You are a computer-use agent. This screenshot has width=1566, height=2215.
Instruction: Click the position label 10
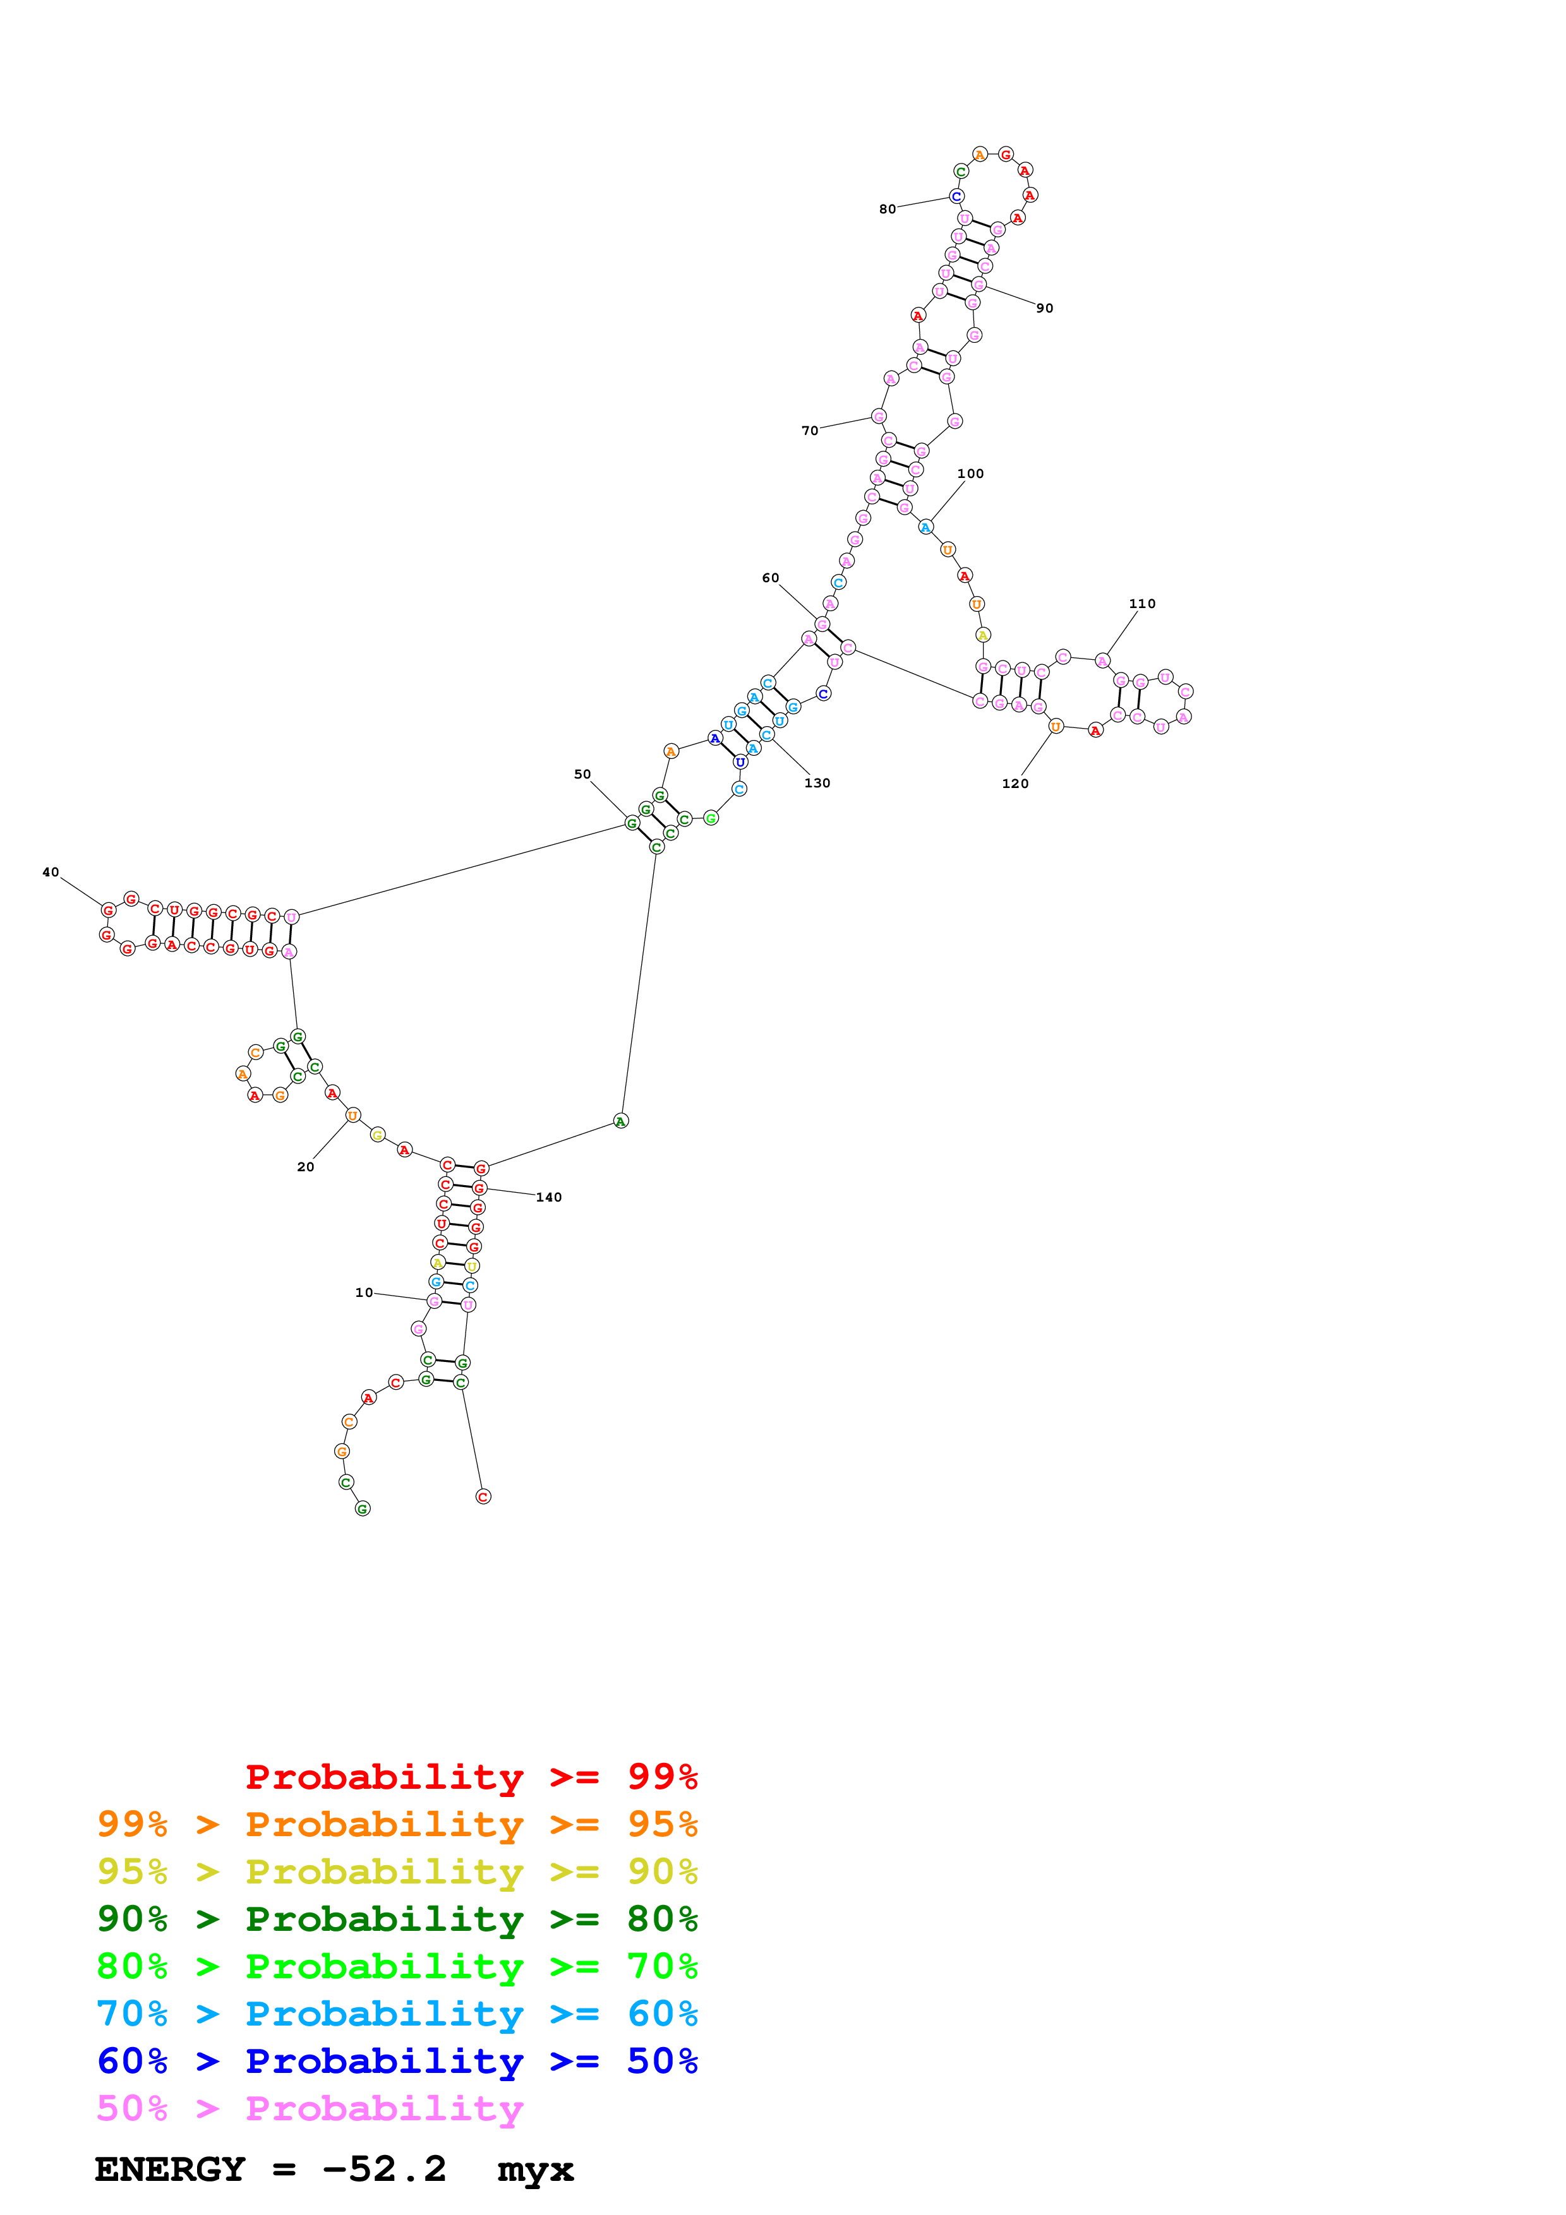[x=364, y=1293]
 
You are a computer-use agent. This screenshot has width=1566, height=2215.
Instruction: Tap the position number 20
[x=306, y=1167]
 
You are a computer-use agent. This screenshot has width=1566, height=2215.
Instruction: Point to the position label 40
[x=50, y=872]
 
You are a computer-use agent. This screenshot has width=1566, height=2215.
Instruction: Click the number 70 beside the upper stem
[x=810, y=430]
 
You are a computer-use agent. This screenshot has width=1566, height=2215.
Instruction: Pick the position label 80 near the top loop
[x=887, y=210]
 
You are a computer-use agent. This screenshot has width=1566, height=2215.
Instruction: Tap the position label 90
[x=1044, y=309]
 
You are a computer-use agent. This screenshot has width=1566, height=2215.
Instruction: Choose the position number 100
[x=970, y=474]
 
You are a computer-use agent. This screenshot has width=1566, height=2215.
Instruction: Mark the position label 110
[x=1141, y=604]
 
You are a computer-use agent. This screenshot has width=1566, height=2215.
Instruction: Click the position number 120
[x=1014, y=784]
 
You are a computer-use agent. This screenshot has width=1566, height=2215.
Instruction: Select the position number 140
[x=548, y=1197]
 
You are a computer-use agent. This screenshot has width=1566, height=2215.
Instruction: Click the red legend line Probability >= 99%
[x=471, y=1777]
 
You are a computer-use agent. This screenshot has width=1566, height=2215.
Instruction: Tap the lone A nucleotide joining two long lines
[x=620, y=1121]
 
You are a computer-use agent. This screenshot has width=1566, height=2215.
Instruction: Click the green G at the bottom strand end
[x=363, y=1509]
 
